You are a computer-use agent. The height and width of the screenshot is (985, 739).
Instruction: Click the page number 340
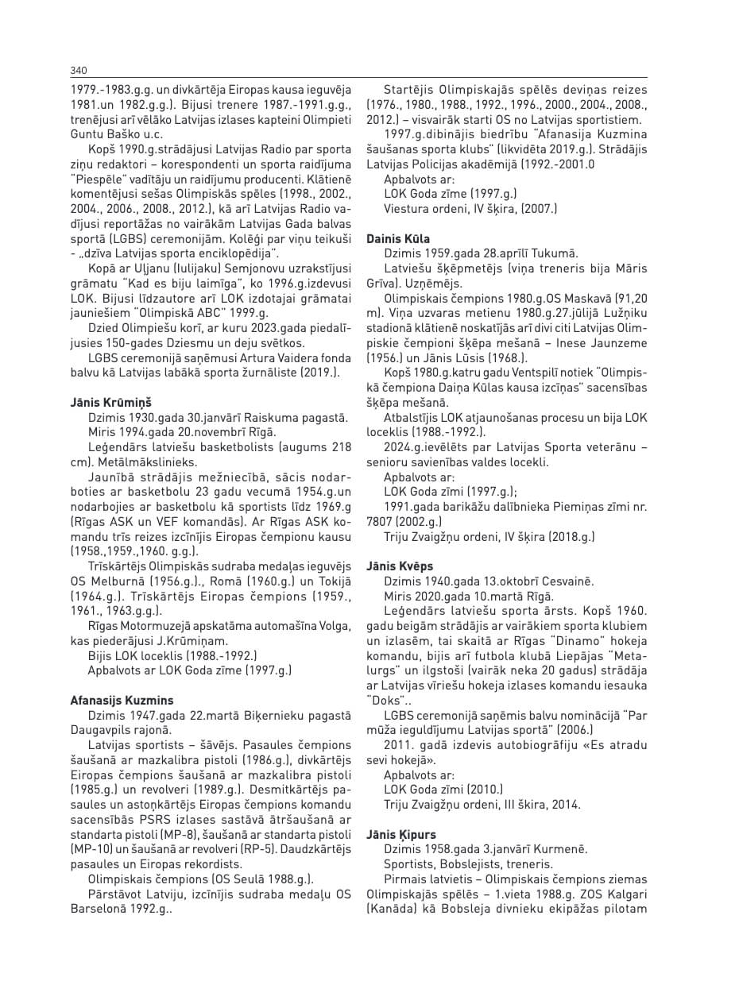point(78,71)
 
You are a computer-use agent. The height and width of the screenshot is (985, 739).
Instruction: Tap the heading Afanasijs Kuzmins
point(122,701)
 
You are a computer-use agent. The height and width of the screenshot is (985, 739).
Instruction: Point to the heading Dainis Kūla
point(398,238)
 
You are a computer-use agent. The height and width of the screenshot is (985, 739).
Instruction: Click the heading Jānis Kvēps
point(400,566)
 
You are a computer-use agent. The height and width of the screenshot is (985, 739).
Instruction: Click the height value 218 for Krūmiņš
point(339,447)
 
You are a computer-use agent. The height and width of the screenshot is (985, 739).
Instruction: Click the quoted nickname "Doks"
point(382,700)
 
